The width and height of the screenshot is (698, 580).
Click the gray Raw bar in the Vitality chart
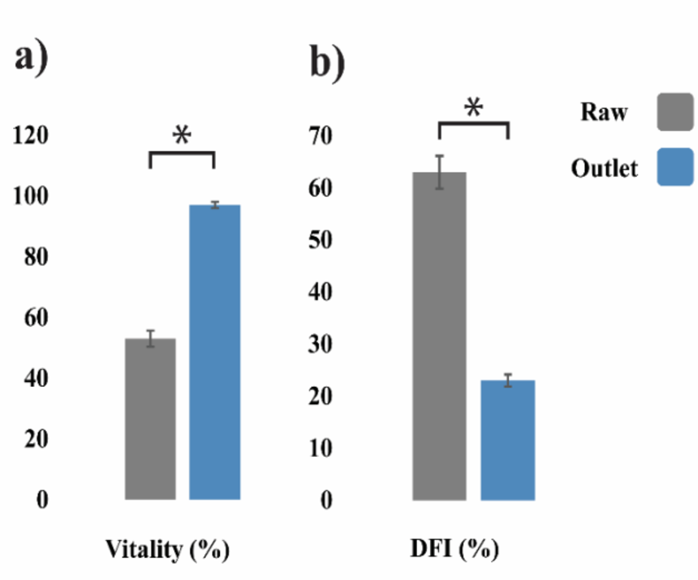(151, 419)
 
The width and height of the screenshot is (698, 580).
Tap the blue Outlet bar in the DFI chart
(507, 440)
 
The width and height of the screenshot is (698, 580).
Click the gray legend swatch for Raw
(675, 112)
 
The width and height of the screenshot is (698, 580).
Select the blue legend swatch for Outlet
(675, 167)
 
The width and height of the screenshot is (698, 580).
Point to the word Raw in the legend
(604, 112)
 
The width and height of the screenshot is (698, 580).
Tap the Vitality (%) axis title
(168, 550)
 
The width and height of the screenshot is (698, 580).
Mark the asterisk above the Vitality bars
(182, 135)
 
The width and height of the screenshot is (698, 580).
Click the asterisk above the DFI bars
(473, 108)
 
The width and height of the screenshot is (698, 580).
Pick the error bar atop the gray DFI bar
(439, 172)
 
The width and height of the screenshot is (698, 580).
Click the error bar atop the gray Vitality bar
(151, 338)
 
